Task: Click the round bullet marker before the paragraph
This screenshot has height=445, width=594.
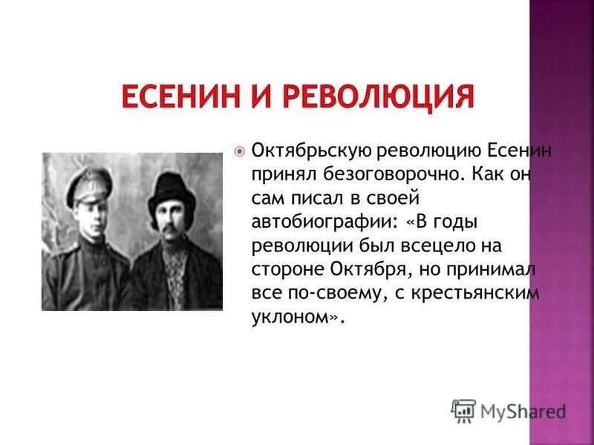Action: pos(239,151)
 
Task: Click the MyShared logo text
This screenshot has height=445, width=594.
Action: pos(523,410)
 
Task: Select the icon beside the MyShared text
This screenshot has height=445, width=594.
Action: pos(463,410)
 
